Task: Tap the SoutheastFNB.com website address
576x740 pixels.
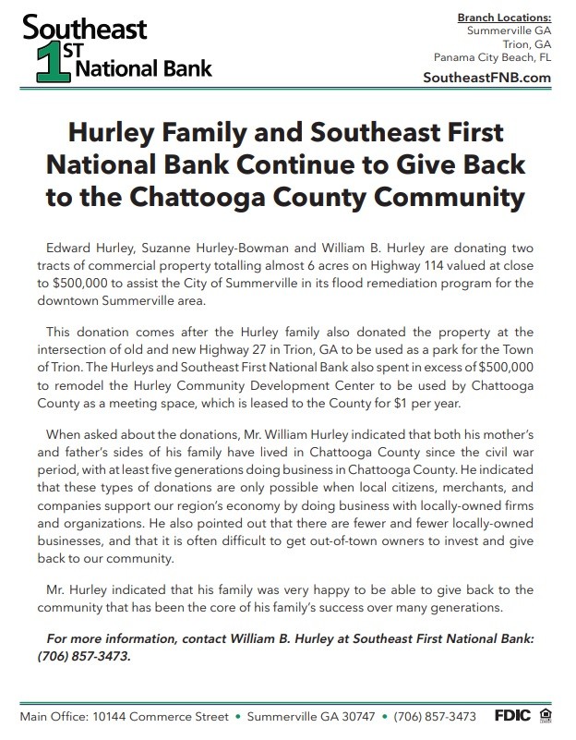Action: tap(486, 78)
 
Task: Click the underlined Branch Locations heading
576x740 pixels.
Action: tap(504, 18)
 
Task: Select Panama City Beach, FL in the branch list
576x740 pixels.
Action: tap(492, 56)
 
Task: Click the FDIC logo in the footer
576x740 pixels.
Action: tap(512, 716)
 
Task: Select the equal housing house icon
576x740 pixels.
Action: tap(546, 716)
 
